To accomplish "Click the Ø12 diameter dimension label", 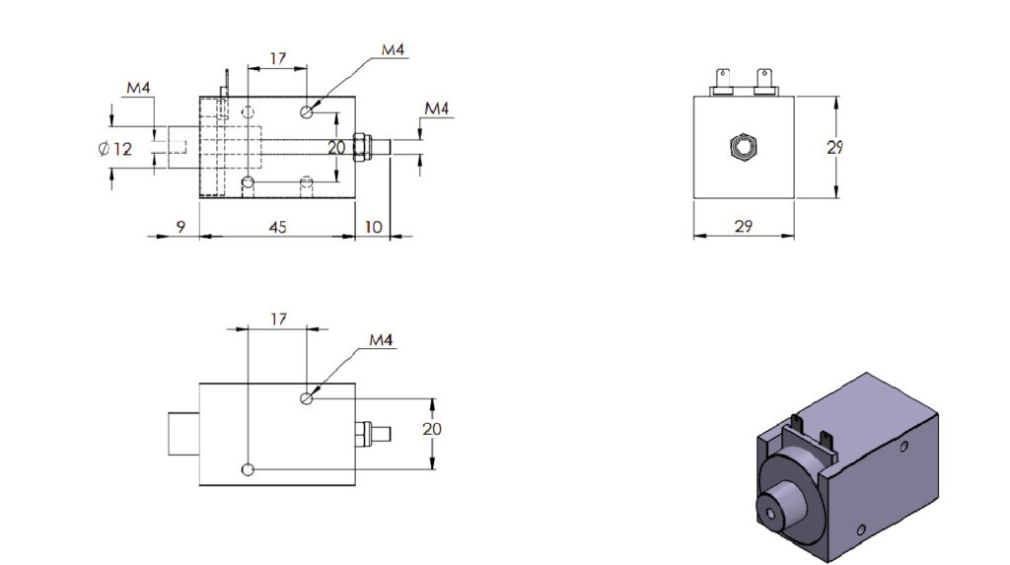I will (115, 150).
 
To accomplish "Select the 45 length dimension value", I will (277, 227).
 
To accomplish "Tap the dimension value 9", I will (180, 227).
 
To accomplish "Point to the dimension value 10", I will (373, 227).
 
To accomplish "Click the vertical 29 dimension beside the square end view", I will (835, 148).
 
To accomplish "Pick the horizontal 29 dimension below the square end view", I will (744, 226).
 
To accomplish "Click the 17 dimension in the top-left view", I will (277, 59).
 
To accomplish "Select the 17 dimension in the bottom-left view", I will (277, 319).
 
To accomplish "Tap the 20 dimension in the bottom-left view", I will (431, 429).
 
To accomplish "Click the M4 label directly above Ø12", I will (138, 89).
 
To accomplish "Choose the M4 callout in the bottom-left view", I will (381, 340).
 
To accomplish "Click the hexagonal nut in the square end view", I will (742, 148).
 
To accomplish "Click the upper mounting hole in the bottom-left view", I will (308, 398).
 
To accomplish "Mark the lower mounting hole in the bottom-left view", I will (248, 468).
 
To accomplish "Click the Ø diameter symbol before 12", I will (103, 150).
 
